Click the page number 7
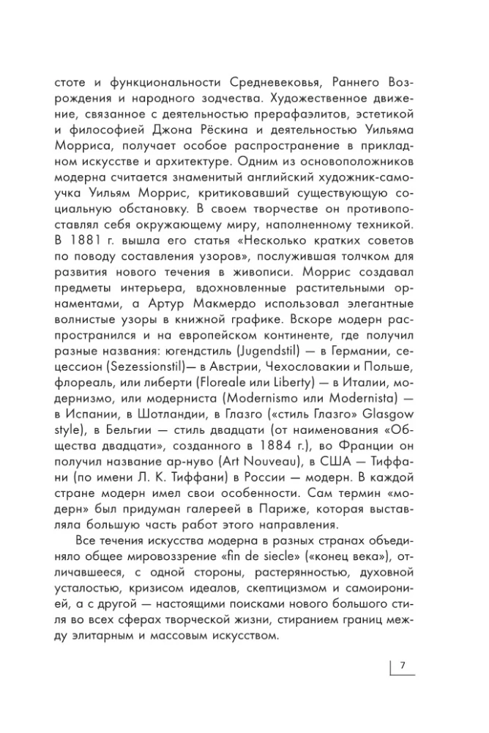click(x=403, y=666)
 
